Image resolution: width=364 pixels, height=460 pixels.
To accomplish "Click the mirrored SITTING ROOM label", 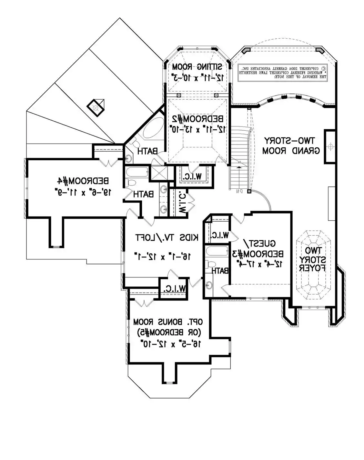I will tap(197, 67).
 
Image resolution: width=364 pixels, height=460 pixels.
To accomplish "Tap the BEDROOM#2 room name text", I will tap(197, 119).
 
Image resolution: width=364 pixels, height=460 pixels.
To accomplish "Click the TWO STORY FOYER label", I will tap(312, 259).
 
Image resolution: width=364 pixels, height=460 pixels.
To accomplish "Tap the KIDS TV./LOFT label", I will tap(167, 238).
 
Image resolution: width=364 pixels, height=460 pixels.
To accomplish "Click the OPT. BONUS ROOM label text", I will tap(168, 322).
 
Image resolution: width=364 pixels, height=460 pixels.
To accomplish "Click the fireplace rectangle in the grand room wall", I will tap(330, 146).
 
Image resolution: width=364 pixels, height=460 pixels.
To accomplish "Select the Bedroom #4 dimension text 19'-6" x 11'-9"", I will tap(83, 192).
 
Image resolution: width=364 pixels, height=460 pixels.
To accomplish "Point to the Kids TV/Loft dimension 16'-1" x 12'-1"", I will tap(162, 256).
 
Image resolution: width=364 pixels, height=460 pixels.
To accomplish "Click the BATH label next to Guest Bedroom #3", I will tap(220, 270).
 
